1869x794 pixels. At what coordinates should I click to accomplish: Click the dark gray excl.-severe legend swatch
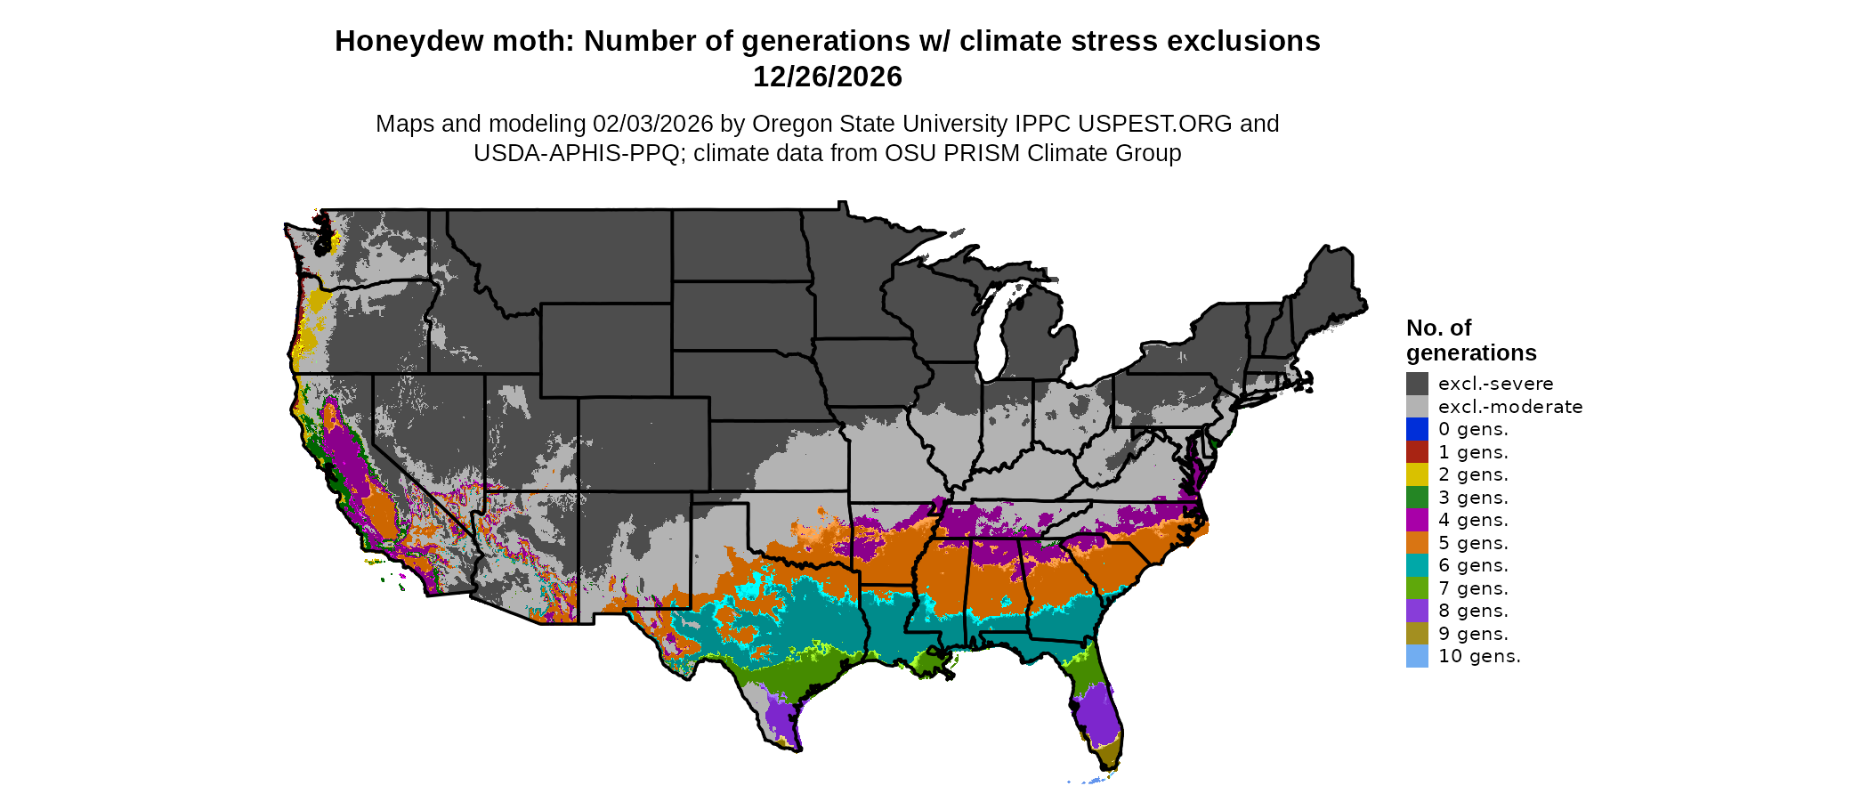coord(1417,384)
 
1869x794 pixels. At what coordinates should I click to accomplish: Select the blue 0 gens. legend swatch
coord(1417,429)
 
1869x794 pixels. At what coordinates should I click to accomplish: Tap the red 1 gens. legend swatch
coord(1417,452)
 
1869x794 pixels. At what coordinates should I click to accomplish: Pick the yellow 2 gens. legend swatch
coord(1417,474)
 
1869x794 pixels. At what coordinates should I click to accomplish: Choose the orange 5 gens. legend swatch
coord(1417,543)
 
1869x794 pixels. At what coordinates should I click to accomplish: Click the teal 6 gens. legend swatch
coord(1417,565)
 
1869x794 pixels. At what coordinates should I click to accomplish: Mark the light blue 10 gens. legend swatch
coord(1417,656)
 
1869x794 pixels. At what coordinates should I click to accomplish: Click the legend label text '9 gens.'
coord(1473,634)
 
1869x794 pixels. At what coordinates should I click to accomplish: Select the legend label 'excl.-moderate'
coord(1510,407)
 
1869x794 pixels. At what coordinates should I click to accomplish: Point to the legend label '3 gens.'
coord(1473,498)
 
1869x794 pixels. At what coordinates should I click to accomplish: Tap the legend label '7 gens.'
coord(1473,588)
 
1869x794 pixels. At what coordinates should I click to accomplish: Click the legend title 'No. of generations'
coord(1470,340)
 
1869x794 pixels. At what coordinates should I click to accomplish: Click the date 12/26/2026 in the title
coord(827,77)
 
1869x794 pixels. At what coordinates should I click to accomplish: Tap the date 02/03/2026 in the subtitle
coord(652,124)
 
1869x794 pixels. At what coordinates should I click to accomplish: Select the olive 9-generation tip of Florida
coord(1108,757)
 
